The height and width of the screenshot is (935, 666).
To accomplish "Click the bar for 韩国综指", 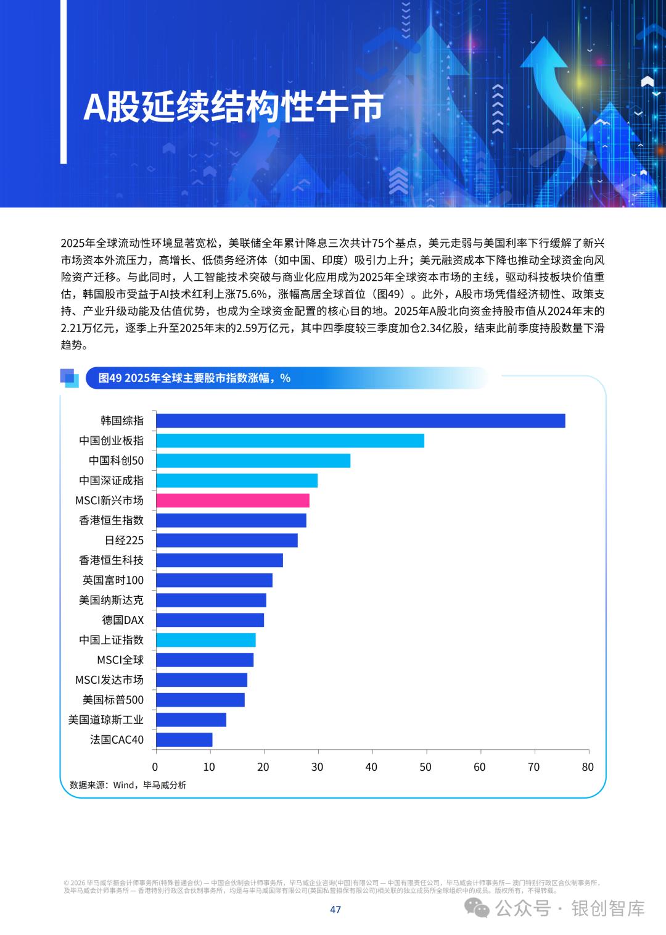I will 360,421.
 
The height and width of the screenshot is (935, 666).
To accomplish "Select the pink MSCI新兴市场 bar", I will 232,501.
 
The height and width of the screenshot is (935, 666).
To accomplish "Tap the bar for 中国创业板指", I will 290,441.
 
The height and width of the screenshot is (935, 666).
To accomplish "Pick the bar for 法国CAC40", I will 184,739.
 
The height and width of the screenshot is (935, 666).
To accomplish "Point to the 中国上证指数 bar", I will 205,640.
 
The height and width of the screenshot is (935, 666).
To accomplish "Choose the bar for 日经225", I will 226,541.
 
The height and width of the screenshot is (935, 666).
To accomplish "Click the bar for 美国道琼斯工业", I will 191,720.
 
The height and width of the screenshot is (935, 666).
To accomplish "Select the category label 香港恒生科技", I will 111,560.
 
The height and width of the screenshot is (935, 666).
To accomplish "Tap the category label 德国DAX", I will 123,620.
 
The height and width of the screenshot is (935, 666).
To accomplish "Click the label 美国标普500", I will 113,700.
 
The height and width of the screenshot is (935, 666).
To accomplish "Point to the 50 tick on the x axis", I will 425,767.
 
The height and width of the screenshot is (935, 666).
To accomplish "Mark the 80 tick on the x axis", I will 588,767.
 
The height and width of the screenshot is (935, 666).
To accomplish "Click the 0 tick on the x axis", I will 155,767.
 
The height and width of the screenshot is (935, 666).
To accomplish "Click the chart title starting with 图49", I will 194,378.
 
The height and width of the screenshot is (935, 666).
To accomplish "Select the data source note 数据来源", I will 128,785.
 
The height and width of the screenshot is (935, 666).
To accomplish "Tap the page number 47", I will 335,909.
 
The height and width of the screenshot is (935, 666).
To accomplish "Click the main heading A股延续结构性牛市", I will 233,107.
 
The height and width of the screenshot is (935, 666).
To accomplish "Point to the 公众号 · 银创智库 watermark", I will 555,908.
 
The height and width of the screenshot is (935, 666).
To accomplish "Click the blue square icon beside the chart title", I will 69,378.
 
